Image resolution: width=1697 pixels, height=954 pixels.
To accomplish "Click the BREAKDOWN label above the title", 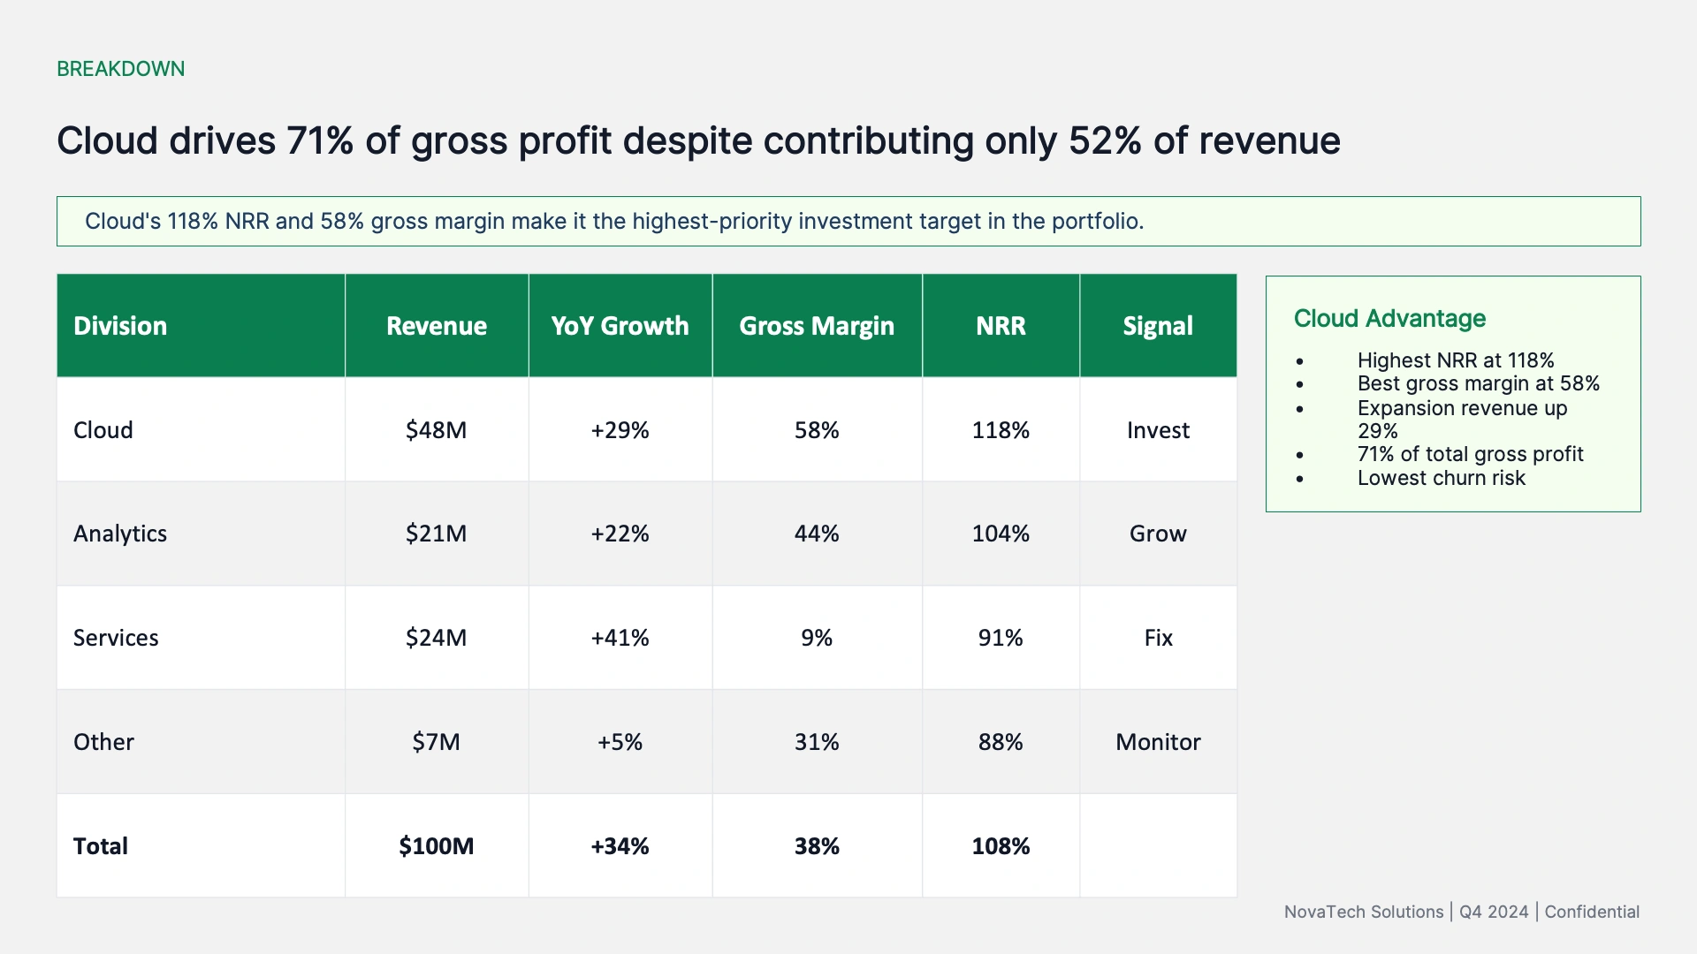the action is point(121,69).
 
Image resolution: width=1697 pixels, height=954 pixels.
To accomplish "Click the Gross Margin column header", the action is point(817,326).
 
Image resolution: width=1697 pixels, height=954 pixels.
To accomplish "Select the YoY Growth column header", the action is point(620,326).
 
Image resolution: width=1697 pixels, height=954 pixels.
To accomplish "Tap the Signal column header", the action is point(1158,326).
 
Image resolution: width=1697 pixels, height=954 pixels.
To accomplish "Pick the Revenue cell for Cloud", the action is point(436,430).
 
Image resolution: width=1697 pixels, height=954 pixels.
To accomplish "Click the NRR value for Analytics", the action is point(1001,534).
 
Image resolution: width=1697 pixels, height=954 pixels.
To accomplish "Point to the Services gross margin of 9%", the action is point(817,638).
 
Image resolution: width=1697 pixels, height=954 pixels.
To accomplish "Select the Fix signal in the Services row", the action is point(1158,638).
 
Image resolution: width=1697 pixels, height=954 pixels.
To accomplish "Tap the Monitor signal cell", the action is point(1158,742).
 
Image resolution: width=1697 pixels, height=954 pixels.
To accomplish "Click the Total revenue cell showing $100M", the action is point(436,846).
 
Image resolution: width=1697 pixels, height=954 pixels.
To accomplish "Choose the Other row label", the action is point(103,742).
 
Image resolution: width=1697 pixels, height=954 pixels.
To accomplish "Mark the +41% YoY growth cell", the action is point(620,638).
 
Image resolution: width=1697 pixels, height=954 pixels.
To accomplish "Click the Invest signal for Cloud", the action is point(1158,430).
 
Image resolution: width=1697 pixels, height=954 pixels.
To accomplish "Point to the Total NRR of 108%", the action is point(1001,846).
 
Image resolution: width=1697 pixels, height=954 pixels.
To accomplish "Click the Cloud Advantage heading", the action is point(1389,319).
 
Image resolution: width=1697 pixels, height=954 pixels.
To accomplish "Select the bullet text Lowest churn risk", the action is point(1442,478).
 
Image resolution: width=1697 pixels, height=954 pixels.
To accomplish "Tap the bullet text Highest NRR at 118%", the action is point(1456,360).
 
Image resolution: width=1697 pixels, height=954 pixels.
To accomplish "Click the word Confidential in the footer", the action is point(1592,912).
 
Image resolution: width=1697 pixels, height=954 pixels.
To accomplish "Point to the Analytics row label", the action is point(120,534).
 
